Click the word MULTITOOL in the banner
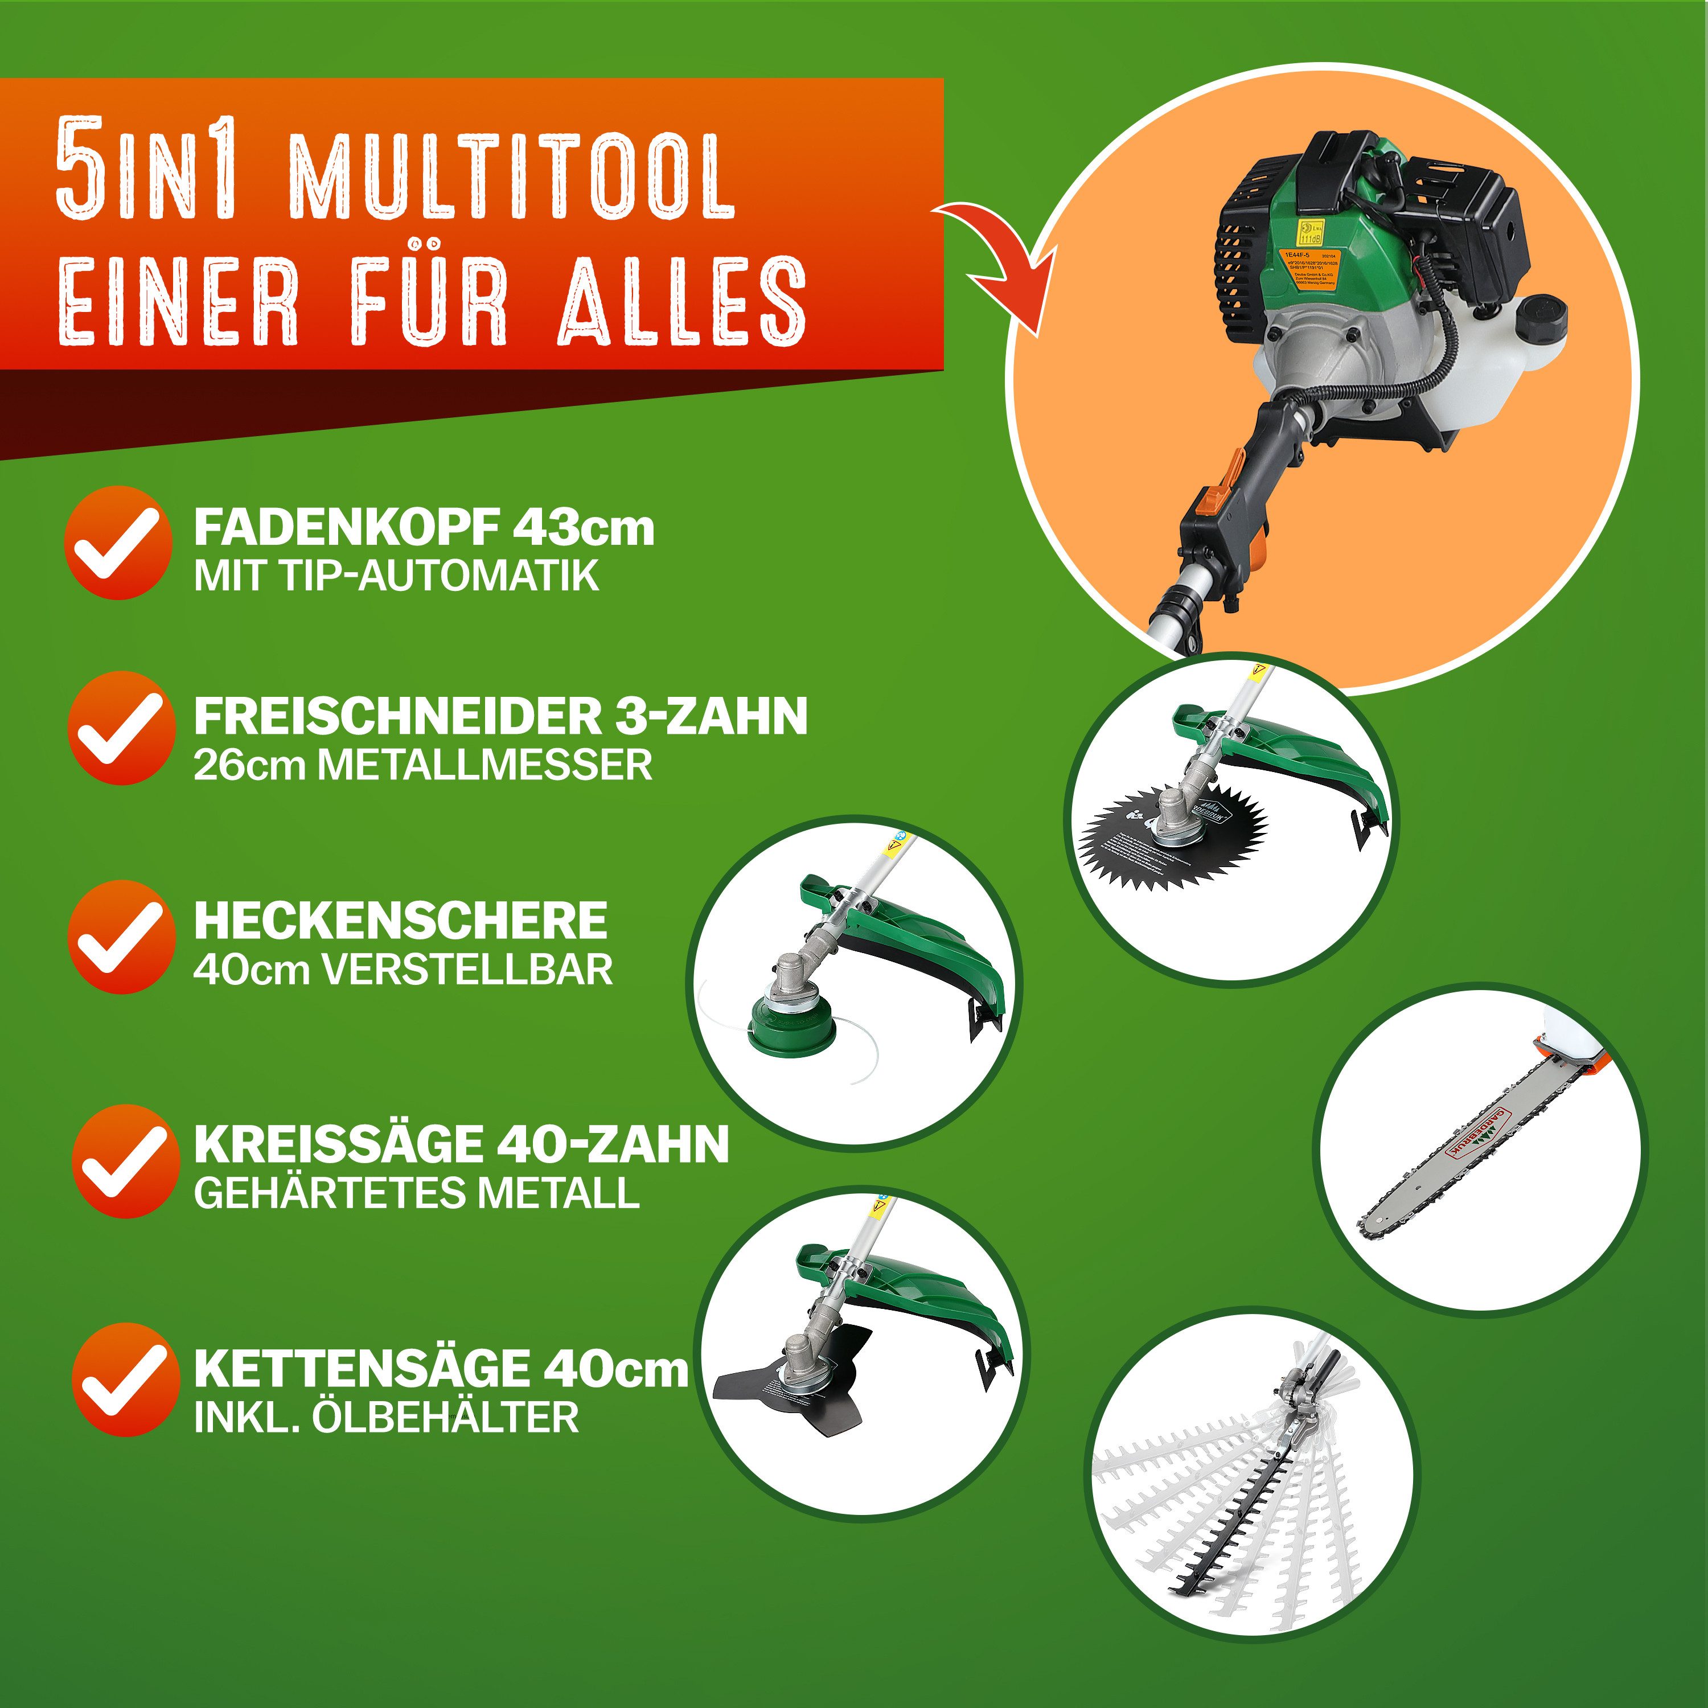[511, 178]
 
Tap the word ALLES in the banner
[681, 302]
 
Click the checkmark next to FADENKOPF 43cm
[118, 543]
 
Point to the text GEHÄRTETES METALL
[416, 1193]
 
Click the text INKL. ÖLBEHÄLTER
[387, 1417]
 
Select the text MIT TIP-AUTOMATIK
[396, 576]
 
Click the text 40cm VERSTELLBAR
[403, 970]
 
